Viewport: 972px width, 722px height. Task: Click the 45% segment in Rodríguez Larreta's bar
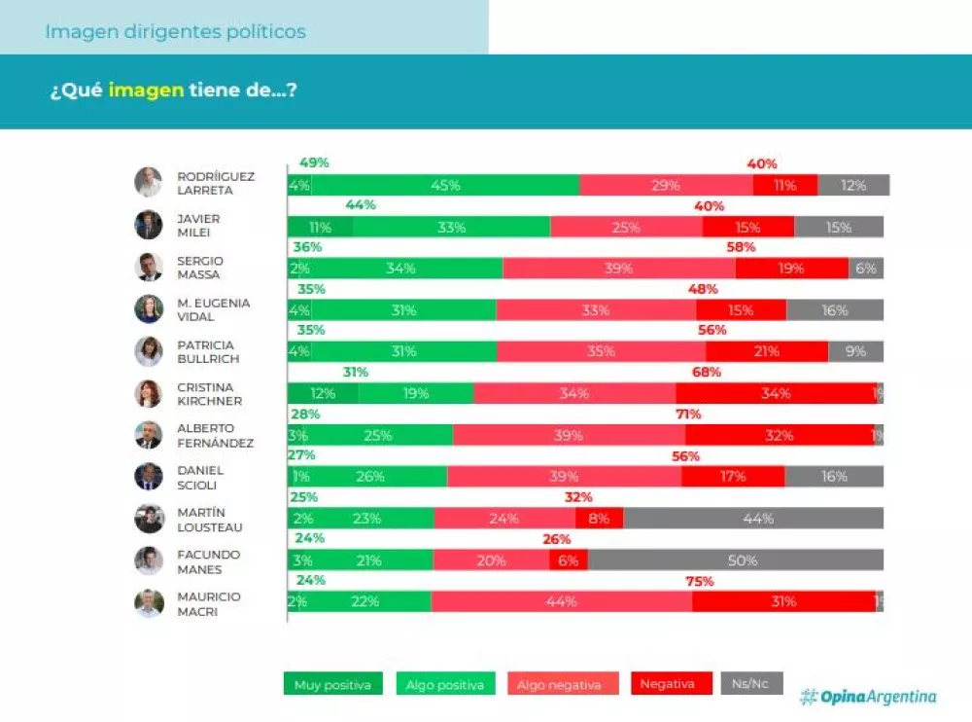point(445,185)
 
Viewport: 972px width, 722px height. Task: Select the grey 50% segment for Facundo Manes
point(736,560)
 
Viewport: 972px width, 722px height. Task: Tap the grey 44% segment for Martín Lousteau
point(753,518)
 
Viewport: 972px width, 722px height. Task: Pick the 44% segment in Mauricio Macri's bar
point(562,601)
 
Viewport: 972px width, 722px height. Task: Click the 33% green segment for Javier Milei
point(451,227)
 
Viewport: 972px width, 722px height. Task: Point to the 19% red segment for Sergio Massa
point(791,269)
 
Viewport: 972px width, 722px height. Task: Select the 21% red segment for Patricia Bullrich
point(766,351)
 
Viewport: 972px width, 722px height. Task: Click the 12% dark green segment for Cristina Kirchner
point(323,393)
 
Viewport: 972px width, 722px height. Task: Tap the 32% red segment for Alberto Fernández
point(779,435)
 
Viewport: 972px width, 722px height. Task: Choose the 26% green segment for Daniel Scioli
point(369,476)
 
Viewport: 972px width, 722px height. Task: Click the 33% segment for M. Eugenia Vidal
point(595,310)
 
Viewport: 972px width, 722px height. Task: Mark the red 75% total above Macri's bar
point(700,581)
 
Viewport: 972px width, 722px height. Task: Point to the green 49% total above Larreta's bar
point(314,162)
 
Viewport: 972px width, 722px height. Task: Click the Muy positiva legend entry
point(332,684)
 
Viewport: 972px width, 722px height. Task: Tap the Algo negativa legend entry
point(559,684)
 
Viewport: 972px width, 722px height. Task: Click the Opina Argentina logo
point(868,696)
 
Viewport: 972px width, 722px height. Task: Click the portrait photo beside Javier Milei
point(149,225)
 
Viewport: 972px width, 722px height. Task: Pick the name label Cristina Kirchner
point(209,393)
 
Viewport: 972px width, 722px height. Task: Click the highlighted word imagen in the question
point(146,90)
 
